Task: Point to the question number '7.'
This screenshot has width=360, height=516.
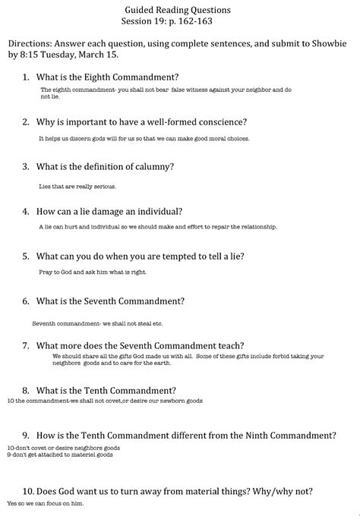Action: pyautogui.click(x=27, y=345)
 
